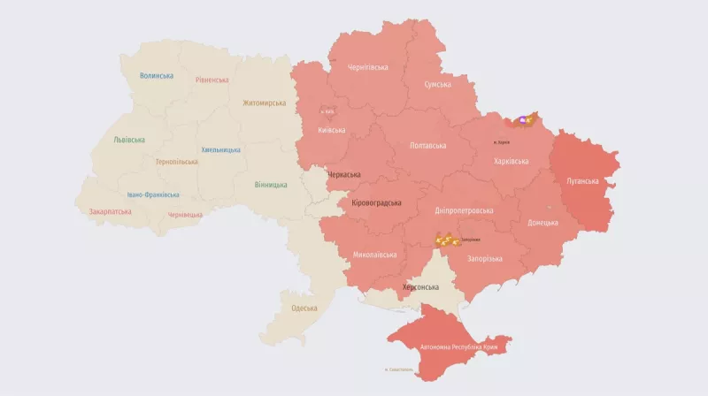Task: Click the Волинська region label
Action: [x=156, y=76]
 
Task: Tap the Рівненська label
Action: [x=212, y=80]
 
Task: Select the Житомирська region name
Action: [x=265, y=103]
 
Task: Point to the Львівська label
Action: [x=129, y=140]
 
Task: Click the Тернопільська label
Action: [x=177, y=162]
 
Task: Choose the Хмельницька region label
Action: [x=220, y=150]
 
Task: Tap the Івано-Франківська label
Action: [x=153, y=194]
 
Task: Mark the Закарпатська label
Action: [x=111, y=211]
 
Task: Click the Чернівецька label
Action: [x=186, y=215]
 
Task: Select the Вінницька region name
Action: [x=271, y=185]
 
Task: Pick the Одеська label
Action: [x=304, y=308]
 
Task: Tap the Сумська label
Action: [x=438, y=85]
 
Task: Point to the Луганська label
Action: [x=582, y=181]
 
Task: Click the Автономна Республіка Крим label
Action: [x=465, y=347]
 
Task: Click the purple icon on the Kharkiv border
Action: [x=523, y=119]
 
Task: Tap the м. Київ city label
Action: [x=327, y=111]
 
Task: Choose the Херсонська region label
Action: [x=420, y=287]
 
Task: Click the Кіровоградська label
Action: [x=376, y=202]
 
